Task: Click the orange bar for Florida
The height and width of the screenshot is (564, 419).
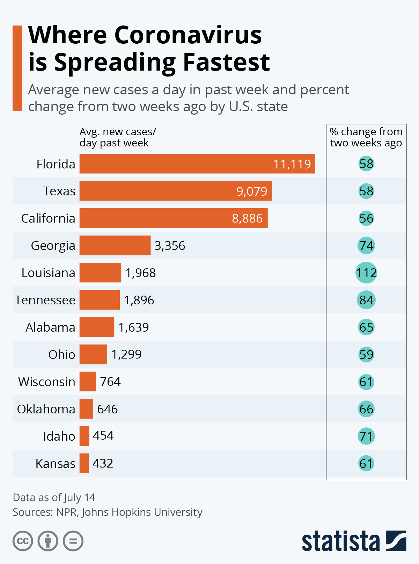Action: pyautogui.click(x=197, y=164)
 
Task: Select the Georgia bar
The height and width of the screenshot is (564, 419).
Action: pyautogui.click(x=115, y=245)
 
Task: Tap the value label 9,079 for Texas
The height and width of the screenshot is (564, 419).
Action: pyautogui.click(x=252, y=191)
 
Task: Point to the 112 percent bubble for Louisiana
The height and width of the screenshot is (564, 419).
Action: pyautogui.click(x=366, y=273)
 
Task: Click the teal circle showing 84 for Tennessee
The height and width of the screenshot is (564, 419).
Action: pyautogui.click(x=366, y=300)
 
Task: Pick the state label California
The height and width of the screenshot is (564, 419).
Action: pyautogui.click(x=48, y=218)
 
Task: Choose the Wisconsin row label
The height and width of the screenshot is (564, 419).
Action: pyautogui.click(x=47, y=382)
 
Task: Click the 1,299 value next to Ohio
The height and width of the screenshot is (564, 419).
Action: pyautogui.click(x=126, y=354)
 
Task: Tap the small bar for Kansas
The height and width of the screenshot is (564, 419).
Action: pyautogui.click(x=84, y=463)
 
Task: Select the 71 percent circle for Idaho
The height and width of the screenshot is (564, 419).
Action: pyautogui.click(x=366, y=436)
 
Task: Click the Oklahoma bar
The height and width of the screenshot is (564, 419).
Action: pyautogui.click(x=86, y=409)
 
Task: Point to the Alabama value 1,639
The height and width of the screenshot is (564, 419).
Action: pyautogui.click(x=134, y=327)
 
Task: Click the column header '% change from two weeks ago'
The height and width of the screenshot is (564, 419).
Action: pyautogui.click(x=366, y=137)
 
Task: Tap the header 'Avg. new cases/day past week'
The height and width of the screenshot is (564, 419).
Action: pyautogui.click(x=118, y=137)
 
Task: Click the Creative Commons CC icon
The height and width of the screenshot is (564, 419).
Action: pyautogui.click(x=23, y=541)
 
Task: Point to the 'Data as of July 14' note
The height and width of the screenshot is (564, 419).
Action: pyautogui.click(x=54, y=497)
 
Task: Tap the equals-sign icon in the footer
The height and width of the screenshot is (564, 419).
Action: pyautogui.click(x=73, y=541)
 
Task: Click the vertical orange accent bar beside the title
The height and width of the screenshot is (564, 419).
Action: pyautogui.click(x=17, y=68)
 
